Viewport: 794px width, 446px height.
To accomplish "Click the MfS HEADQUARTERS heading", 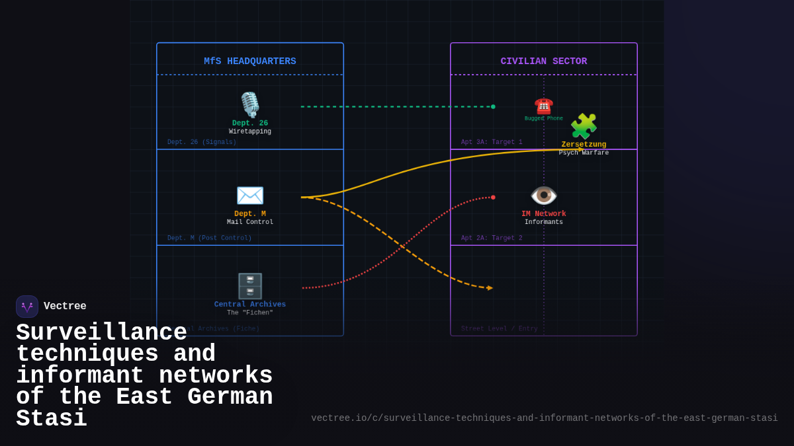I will [x=249, y=61].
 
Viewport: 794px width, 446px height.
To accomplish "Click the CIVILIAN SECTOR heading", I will [x=543, y=61].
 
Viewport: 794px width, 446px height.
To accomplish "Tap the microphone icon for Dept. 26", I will [x=250, y=104].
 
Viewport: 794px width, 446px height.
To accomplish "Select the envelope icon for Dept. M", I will [x=250, y=196].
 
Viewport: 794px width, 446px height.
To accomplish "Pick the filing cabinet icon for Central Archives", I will [x=250, y=286].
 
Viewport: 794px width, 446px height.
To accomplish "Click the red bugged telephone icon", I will [x=543, y=106].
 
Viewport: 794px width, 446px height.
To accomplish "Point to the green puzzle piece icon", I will [x=584, y=126].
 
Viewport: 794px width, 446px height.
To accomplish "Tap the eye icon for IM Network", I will [x=543, y=196].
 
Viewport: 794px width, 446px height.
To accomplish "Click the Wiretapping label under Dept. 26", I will [x=250, y=131].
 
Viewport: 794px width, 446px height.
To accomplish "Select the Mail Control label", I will [x=250, y=223].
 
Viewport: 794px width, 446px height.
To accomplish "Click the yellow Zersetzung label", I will [x=584, y=145].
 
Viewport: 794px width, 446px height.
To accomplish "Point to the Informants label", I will [x=543, y=223].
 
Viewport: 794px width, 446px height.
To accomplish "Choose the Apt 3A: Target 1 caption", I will [x=491, y=142].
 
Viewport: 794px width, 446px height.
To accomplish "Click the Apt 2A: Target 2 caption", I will [x=491, y=238].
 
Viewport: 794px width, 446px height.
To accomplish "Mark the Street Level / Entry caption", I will [x=499, y=328].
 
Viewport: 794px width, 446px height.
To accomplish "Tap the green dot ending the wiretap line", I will [x=493, y=106].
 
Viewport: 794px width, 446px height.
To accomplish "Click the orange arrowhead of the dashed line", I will [x=490, y=288].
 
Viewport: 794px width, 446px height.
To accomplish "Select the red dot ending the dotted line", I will [x=493, y=197].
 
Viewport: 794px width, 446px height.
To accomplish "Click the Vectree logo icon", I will [x=27, y=307].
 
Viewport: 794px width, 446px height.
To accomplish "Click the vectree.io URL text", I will [x=544, y=418].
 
